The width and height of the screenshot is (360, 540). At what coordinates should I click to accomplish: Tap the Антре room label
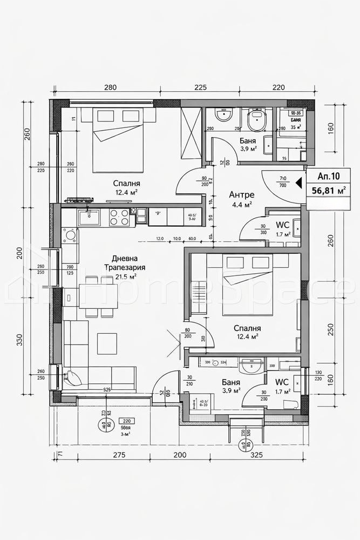[x=242, y=194]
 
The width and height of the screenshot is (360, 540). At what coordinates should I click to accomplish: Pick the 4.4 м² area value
[x=242, y=205]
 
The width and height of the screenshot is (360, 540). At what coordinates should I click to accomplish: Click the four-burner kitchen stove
[x=120, y=217]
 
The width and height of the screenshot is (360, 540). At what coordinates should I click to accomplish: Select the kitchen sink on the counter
[x=89, y=217]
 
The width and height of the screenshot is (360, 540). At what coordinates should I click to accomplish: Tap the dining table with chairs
[x=98, y=295]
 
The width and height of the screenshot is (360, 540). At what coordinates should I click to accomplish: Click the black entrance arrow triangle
[x=298, y=184]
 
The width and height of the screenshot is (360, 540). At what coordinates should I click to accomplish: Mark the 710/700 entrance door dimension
[x=282, y=182]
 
